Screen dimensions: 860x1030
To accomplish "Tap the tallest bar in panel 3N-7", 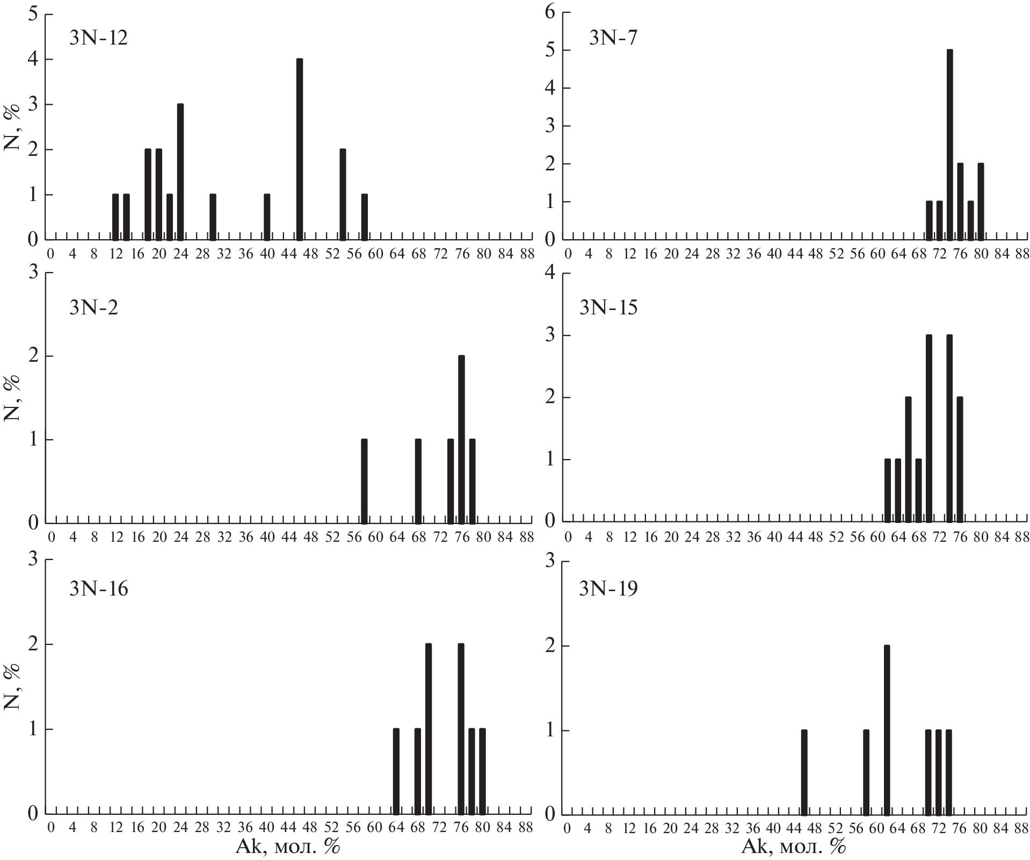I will [949, 145].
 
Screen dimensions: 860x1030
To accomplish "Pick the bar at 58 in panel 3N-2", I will [364, 481].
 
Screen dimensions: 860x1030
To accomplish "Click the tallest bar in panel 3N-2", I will [461, 439].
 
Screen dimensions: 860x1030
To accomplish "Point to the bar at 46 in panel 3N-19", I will [804, 771].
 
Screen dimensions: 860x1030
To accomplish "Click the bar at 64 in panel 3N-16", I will [396, 771].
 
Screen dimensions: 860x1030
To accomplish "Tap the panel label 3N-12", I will [98, 38].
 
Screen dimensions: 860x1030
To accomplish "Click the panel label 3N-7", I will [613, 38].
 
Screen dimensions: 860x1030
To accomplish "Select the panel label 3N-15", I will [608, 307].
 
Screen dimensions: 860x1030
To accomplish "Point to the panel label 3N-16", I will [98, 589].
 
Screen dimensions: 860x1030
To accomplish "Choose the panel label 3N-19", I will [608, 589].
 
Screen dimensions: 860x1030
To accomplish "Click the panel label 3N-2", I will [93, 307].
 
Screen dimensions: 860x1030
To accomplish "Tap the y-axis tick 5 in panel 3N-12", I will [33, 14].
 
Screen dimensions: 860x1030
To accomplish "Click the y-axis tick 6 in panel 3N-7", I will [549, 13].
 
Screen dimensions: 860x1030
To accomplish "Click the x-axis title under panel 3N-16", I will [288, 848].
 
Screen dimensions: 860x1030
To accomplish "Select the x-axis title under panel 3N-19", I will [793, 848].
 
